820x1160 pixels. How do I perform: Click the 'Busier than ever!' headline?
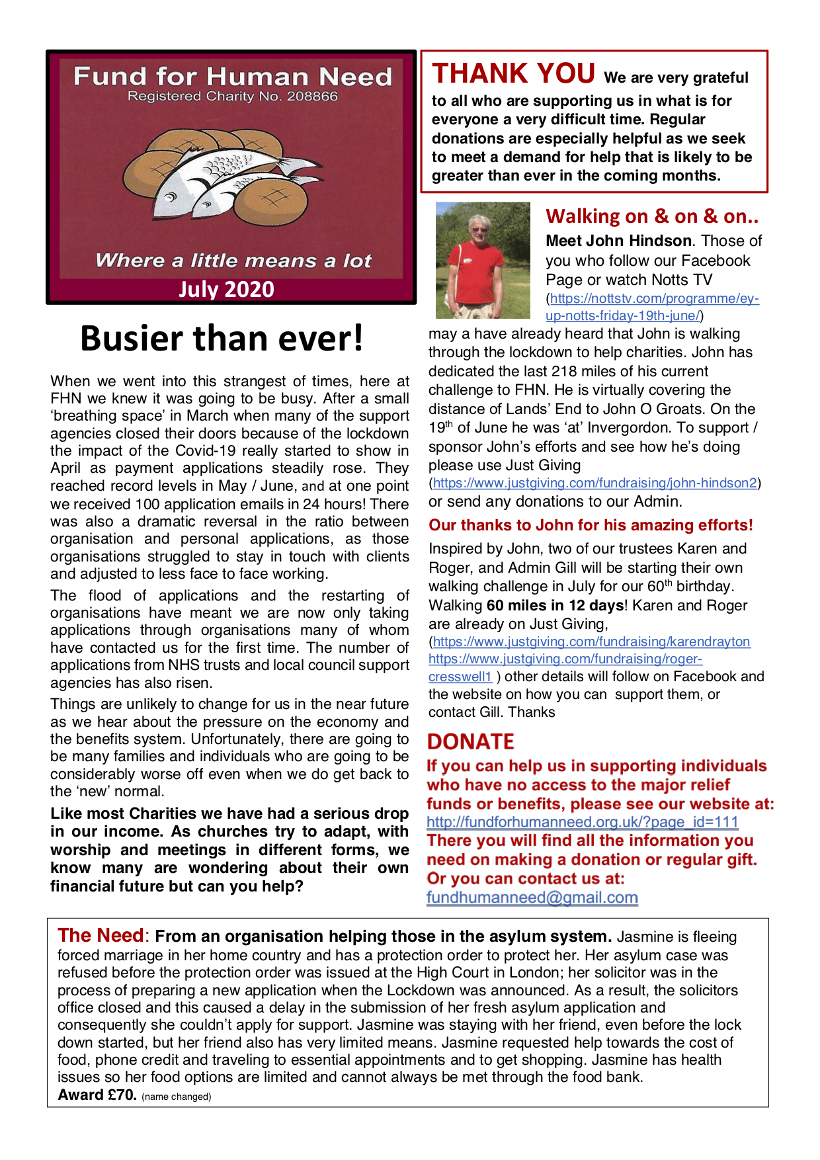pos(222,339)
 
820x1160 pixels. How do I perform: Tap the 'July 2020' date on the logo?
pos(226,290)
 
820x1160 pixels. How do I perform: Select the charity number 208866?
pos(311,97)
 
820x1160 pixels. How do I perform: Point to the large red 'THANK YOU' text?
pos(514,73)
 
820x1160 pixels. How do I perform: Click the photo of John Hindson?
pos(483,260)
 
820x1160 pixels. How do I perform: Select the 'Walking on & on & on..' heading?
pos(652,216)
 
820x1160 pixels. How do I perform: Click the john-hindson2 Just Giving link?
pos(594,483)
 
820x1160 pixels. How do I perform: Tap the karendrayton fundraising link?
pos(591,642)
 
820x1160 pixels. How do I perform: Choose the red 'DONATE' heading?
pos(470,741)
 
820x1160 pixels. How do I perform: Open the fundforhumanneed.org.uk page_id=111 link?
pos(582,822)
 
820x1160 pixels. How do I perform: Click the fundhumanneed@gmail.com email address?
pos(532,897)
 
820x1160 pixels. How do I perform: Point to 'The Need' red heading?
pos(100,935)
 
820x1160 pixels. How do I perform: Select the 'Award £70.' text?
pos(97,1095)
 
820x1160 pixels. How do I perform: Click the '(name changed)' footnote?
pos(176,1097)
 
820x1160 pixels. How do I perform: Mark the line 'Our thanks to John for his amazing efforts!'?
pos(591,525)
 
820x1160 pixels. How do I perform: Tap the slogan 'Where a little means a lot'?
pos(233,261)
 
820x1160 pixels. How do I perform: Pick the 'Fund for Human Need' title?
pos(233,77)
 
